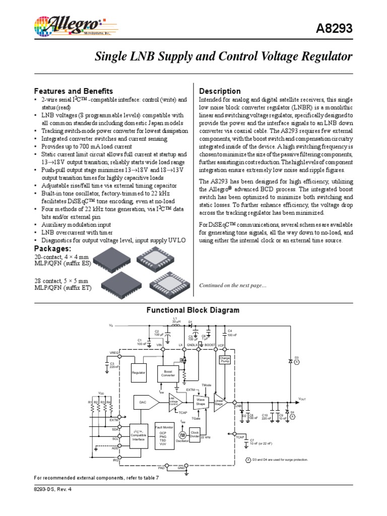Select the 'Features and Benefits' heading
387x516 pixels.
(73, 91)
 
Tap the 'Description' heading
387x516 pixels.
(220, 91)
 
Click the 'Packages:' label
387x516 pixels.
(52, 249)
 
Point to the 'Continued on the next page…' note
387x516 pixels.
(232, 286)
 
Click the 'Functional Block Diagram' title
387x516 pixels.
(193, 310)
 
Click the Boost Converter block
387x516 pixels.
(168, 373)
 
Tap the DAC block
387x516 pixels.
(142, 402)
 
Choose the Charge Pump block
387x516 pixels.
(224, 360)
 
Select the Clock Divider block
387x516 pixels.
(194, 433)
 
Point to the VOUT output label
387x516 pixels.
(302, 399)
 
